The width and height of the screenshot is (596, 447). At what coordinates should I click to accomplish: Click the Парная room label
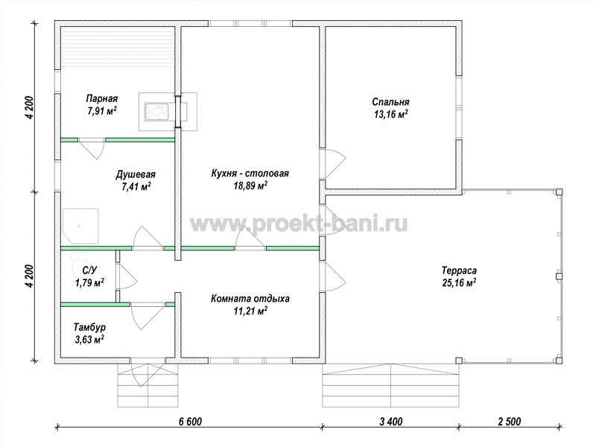coord(102,99)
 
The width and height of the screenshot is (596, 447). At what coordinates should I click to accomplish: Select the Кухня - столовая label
coord(250,174)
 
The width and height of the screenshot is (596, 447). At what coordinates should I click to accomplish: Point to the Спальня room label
coord(390,102)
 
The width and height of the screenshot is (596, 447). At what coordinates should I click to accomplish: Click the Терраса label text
coord(459,270)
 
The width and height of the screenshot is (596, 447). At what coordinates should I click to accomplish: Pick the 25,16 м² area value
coord(460,283)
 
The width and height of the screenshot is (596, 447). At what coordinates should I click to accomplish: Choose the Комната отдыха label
coord(250,299)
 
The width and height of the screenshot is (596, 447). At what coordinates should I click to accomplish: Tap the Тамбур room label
coord(89,327)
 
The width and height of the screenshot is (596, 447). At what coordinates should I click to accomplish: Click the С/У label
coord(89,270)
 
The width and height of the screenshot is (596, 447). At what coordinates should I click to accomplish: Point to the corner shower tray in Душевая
coord(80,226)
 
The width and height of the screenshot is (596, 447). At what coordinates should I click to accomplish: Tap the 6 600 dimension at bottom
coord(190,422)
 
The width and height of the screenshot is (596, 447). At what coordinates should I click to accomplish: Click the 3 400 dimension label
coord(390,422)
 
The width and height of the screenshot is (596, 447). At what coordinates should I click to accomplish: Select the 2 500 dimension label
coord(509,422)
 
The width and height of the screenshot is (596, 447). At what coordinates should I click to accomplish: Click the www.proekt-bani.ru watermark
coord(299,223)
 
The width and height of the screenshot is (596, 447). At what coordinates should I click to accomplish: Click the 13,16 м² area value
coord(390,115)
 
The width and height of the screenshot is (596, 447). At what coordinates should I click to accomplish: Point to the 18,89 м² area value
coord(250,186)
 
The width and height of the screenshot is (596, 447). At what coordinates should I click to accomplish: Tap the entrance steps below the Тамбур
coord(148,385)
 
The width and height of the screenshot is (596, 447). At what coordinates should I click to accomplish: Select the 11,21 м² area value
coord(250,311)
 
